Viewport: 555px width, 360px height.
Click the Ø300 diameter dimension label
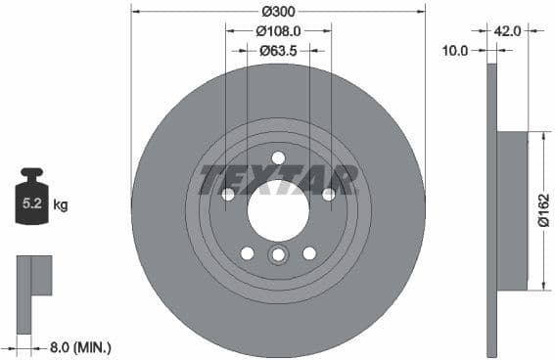click(x=278, y=11)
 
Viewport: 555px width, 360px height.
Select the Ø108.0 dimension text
click(x=278, y=30)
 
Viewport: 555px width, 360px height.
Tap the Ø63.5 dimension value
click(x=278, y=50)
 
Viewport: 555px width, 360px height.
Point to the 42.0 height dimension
click(x=506, y=30)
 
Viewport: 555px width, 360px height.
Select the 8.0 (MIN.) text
click(x=80, y=346)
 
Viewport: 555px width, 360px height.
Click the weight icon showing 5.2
click(x=31, y=202)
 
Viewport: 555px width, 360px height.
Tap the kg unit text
click(x=61, y=205)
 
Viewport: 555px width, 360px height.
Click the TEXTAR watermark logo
click(x=278, y=180)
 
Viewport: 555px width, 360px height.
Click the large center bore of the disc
click(x=278, y=208)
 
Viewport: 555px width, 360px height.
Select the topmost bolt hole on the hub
click(x=278, y=157)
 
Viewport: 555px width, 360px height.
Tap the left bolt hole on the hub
click(x=228, y=194)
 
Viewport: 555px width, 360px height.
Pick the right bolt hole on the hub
click(x=328, y=194)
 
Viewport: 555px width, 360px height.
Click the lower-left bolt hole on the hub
click(x=248, y=253)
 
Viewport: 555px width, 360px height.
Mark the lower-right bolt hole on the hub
click(x=309, y=253)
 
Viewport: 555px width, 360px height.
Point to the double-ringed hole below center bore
click(x=278, y=255)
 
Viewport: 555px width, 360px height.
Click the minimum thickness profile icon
click(x=32, y=275)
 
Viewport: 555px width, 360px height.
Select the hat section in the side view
click(x=512, y=210)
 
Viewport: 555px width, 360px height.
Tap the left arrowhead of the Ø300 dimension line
click(x=135, y=11)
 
